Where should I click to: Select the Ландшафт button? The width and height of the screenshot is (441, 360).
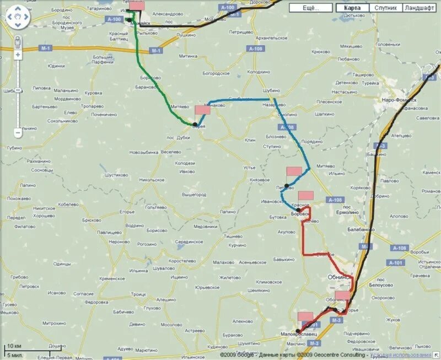(419, 8)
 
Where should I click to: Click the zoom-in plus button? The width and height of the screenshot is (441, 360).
(18, 55)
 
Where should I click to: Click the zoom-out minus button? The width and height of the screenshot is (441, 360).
(18, 132)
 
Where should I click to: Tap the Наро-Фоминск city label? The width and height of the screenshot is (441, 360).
(399, 100)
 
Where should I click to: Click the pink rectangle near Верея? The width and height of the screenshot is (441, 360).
(202, 110)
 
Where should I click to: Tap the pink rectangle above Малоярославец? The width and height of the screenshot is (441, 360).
(305, 316)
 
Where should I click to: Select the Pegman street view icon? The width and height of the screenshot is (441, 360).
(18, 41)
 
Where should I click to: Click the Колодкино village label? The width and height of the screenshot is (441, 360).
(259, 72)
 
